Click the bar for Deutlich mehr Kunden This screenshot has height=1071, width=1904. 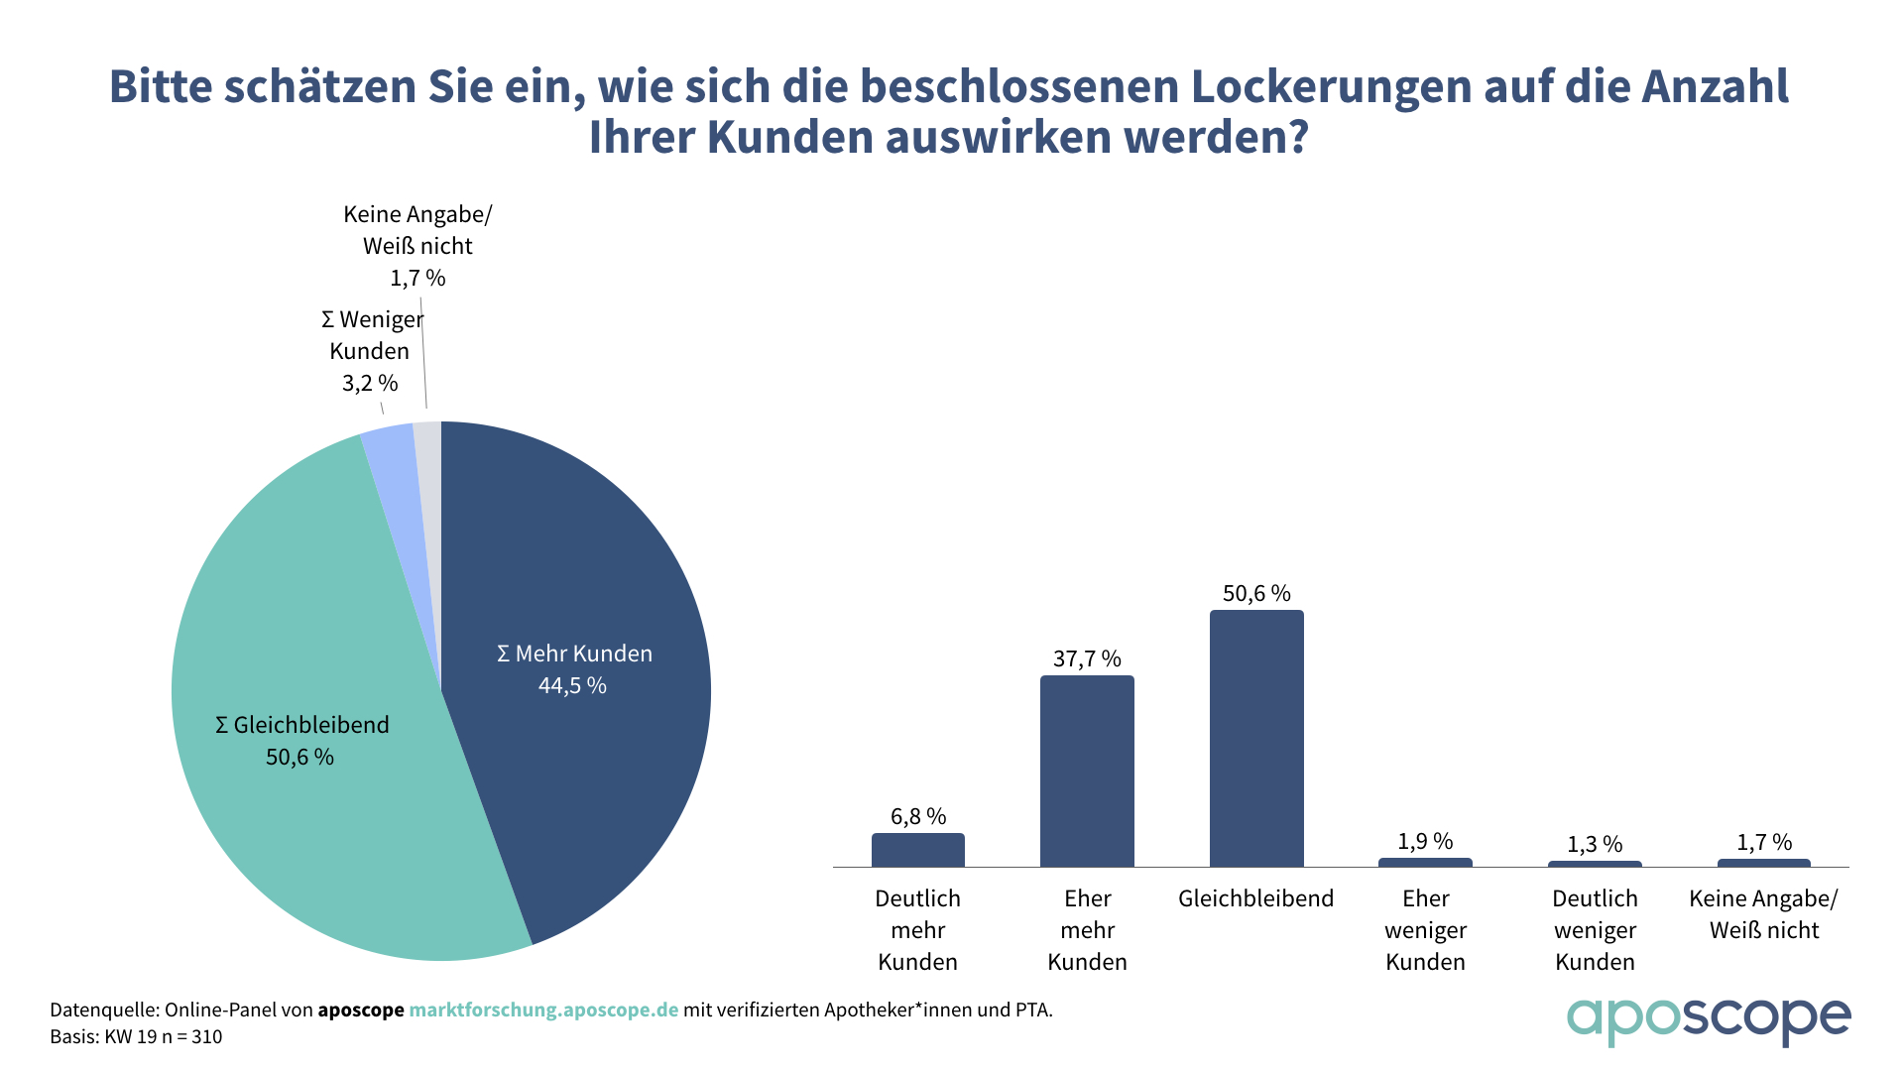click(918, 850)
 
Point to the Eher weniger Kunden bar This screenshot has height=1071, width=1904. click(1425, 862)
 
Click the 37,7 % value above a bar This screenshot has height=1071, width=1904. click(1087, 659)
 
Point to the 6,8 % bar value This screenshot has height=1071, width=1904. click(918, 817)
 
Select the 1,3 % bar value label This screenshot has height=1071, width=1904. click(1595, 845)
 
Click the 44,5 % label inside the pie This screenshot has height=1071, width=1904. click(572, 686)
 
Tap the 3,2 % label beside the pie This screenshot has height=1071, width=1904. click(370, 384)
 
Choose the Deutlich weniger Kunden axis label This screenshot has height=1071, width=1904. click(1595, 930)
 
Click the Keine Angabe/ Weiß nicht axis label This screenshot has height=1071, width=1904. click(1764, 914)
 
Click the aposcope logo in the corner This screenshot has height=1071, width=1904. click(1708, 1020)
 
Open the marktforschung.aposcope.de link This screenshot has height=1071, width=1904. click(543, 1011)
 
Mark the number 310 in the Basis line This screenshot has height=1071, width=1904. click(207, 1037)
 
